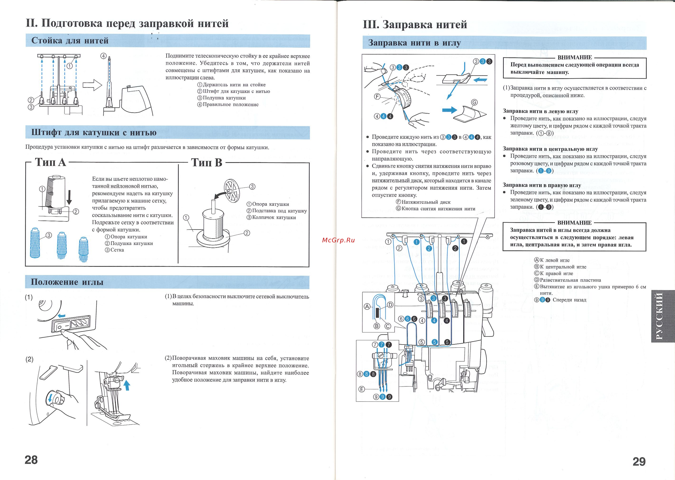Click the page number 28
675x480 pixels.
click(31, 460)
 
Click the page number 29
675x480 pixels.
click(639, 461)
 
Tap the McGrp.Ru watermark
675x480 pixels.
click(338, 240)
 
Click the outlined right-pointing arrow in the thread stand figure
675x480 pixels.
click(92, 85)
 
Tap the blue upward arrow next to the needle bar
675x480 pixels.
click(127, 385)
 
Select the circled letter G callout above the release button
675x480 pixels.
click(474, 102)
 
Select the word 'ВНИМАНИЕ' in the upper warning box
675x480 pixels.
click(574, 57)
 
